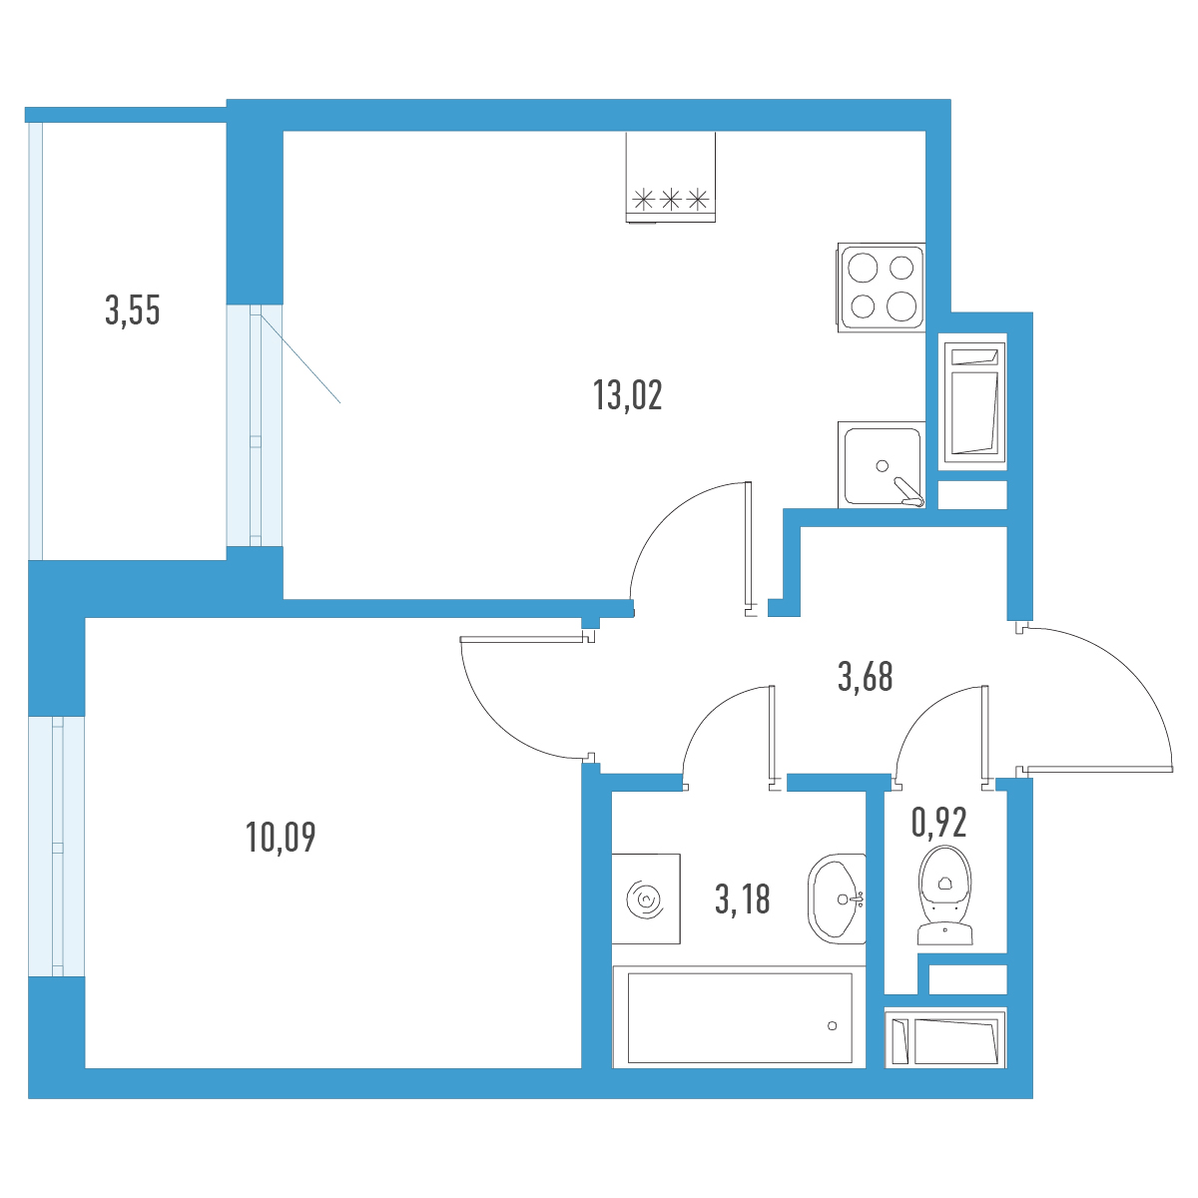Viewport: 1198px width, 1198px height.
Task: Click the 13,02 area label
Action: point(627,395)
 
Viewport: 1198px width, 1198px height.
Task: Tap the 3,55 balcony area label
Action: point(133,310)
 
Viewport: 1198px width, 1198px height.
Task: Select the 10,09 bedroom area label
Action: point(281,837)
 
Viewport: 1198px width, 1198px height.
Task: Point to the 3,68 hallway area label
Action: point(865,677)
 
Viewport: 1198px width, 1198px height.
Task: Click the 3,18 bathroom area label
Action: point(743,898)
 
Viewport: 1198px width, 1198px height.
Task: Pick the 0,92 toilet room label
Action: point(938,822)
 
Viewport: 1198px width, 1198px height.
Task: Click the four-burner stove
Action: point(882,288)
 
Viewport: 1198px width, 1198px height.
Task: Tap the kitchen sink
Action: point(882,465)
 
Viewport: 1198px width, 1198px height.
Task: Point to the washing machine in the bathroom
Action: point(646,898)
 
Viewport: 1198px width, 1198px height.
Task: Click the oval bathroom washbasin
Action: point(837,898)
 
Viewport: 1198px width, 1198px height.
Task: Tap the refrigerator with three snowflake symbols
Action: point(670,177)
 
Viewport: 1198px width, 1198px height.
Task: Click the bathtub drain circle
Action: point(832,1026)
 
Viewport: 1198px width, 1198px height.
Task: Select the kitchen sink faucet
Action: point(908,492)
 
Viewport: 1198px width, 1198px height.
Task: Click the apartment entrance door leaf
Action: point(1099,771)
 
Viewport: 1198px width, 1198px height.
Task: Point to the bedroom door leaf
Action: point(522,639)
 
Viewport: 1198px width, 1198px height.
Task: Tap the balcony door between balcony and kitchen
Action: point(255,425)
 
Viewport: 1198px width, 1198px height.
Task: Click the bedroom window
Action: point(57,847)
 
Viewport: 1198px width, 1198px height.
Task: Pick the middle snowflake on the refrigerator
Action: point(670,200)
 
